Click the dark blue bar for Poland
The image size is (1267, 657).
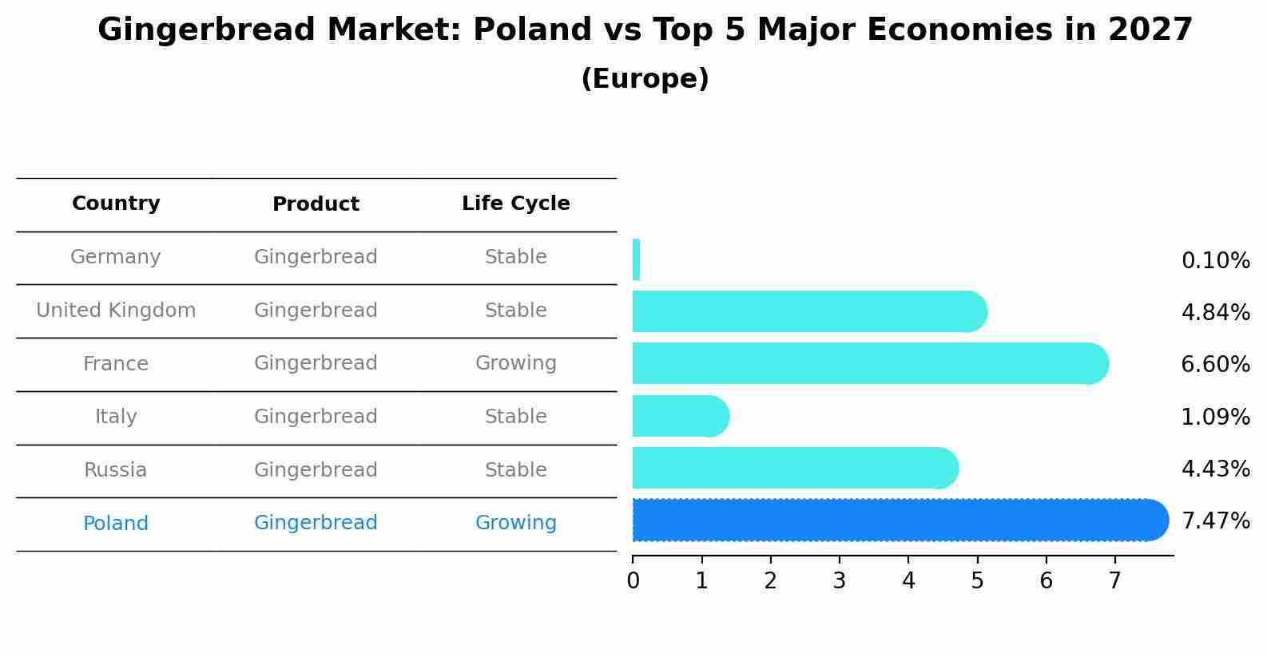[895, 520]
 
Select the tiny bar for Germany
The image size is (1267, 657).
[636, 260]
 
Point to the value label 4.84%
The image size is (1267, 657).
[1215, 313]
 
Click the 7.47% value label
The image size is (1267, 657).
[1215, 521]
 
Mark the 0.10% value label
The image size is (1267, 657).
[1215, 261]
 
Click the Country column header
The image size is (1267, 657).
[116, 204]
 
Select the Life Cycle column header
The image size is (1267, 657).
[515, 204]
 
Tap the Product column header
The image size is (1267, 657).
[316, 204]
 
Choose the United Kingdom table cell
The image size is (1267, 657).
[116, 311]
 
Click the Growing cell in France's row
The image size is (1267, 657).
[515, 363]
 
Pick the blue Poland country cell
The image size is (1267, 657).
[116, 524]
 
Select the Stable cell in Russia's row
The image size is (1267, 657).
[515, 470]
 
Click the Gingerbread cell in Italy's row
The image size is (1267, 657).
[316, 417]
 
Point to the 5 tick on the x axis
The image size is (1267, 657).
[977, 581]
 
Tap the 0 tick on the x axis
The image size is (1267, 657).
[633, 581]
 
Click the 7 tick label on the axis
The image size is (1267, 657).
[1114, 581]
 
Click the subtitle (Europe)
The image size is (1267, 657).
[645, 79]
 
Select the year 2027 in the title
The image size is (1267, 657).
[1150, 30]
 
